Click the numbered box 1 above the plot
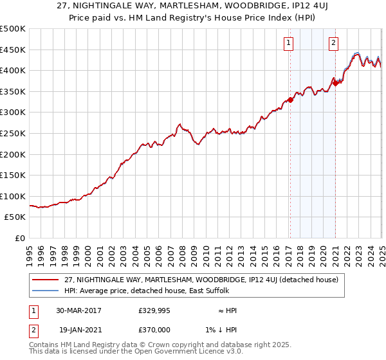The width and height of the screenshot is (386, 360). tap(289, 44)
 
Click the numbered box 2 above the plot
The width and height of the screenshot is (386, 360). tap(335, 44)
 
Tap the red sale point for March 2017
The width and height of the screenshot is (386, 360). tap(290, 100)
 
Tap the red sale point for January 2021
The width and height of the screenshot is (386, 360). tap(335, 83)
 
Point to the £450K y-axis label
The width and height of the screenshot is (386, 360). tap(14, 50)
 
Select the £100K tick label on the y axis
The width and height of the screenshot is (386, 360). tap(14, 196)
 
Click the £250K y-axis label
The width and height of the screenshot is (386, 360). tap(14, 133)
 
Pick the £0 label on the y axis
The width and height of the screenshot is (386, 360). tap(20, 238)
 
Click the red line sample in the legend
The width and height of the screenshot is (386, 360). tap(44, 280)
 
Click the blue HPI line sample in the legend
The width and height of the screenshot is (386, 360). tap(44, 291)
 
